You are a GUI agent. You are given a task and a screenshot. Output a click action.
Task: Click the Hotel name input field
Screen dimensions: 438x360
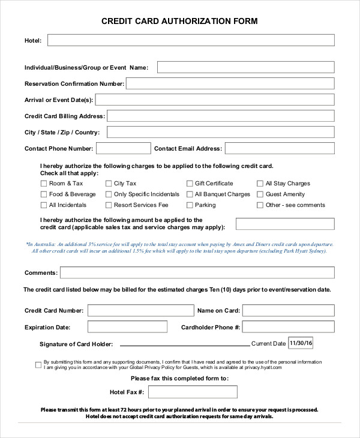point(191,40)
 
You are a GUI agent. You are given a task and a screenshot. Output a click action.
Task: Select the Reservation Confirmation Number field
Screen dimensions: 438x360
point(230,83)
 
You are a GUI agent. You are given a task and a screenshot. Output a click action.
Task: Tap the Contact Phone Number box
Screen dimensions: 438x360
point(123,148)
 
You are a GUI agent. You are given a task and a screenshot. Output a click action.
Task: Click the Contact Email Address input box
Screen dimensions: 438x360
point(280,148)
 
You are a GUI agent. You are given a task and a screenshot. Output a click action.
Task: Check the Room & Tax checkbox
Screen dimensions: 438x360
point(43,184)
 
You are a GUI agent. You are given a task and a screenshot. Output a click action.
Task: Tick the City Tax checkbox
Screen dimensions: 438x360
point(109,184)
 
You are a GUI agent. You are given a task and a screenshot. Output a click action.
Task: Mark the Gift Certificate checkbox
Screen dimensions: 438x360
point(190,184)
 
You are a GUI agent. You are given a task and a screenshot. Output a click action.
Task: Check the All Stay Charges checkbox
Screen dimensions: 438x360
point(260,184)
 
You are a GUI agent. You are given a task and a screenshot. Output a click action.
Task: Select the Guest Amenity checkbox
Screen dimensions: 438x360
point(260,194)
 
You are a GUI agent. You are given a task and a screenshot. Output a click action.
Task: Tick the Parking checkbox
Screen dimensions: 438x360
point(190,205)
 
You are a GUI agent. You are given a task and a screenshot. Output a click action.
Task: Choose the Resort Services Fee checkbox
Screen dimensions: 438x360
point(109,205)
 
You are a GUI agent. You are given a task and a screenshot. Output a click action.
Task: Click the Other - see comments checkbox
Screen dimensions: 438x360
point(260,205)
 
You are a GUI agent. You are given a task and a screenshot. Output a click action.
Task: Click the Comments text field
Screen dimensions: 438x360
point(197,273)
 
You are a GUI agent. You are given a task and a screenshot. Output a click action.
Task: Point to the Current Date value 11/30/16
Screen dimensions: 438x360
point(301,343)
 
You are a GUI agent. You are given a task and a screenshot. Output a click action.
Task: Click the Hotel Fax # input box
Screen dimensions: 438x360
point(193,392)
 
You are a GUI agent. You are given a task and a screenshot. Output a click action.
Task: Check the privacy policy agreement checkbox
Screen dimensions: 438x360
point(38,364)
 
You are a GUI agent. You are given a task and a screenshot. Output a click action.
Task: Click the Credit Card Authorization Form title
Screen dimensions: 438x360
point(180,22)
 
